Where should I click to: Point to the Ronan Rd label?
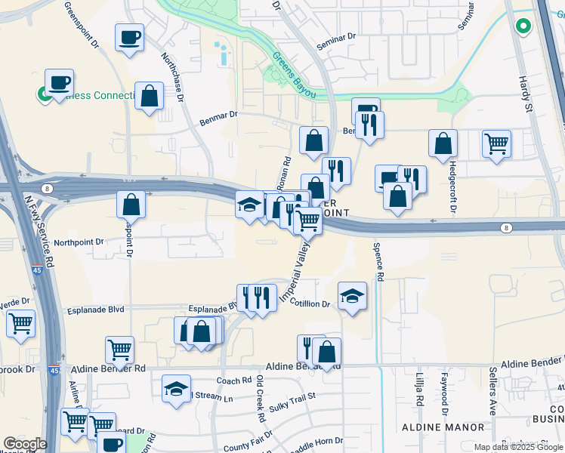point(286,173)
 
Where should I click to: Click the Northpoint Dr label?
point(78,242)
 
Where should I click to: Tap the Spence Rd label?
point(378,261)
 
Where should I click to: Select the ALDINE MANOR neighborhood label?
point(442,427)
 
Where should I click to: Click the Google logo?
point(25,444)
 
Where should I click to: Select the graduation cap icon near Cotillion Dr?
point(352,296)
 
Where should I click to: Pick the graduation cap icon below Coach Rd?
point(176,389)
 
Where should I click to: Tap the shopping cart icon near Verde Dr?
point(21,324)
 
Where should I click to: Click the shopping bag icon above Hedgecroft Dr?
point(443,143)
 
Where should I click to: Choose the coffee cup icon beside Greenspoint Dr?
point(129,37)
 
